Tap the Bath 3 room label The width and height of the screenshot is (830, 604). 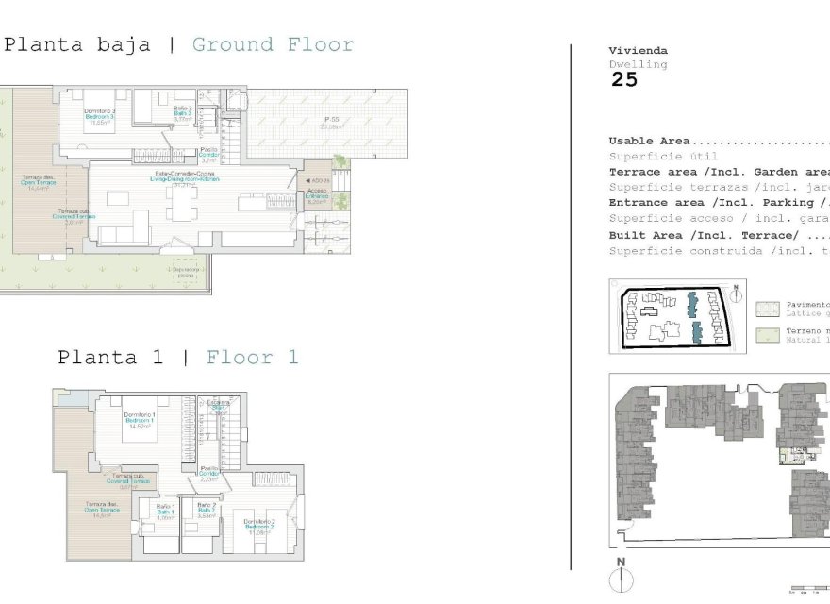(x=183, y=114)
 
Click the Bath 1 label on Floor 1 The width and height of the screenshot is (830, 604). (x=166, y=512)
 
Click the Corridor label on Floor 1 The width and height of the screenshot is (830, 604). (x=209, y=473)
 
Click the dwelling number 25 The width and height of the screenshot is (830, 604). (x=624, y=80)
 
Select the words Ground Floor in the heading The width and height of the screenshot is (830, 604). (x=273, y=44)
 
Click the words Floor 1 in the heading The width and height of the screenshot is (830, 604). (x=252, y=358)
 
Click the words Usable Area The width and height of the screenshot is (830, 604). (x=649, y=141)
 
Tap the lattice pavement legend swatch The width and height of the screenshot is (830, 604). (x=767, y=308)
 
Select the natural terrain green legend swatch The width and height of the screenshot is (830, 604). (x=767, y=334)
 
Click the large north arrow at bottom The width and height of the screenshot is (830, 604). (x=621, y=578)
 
